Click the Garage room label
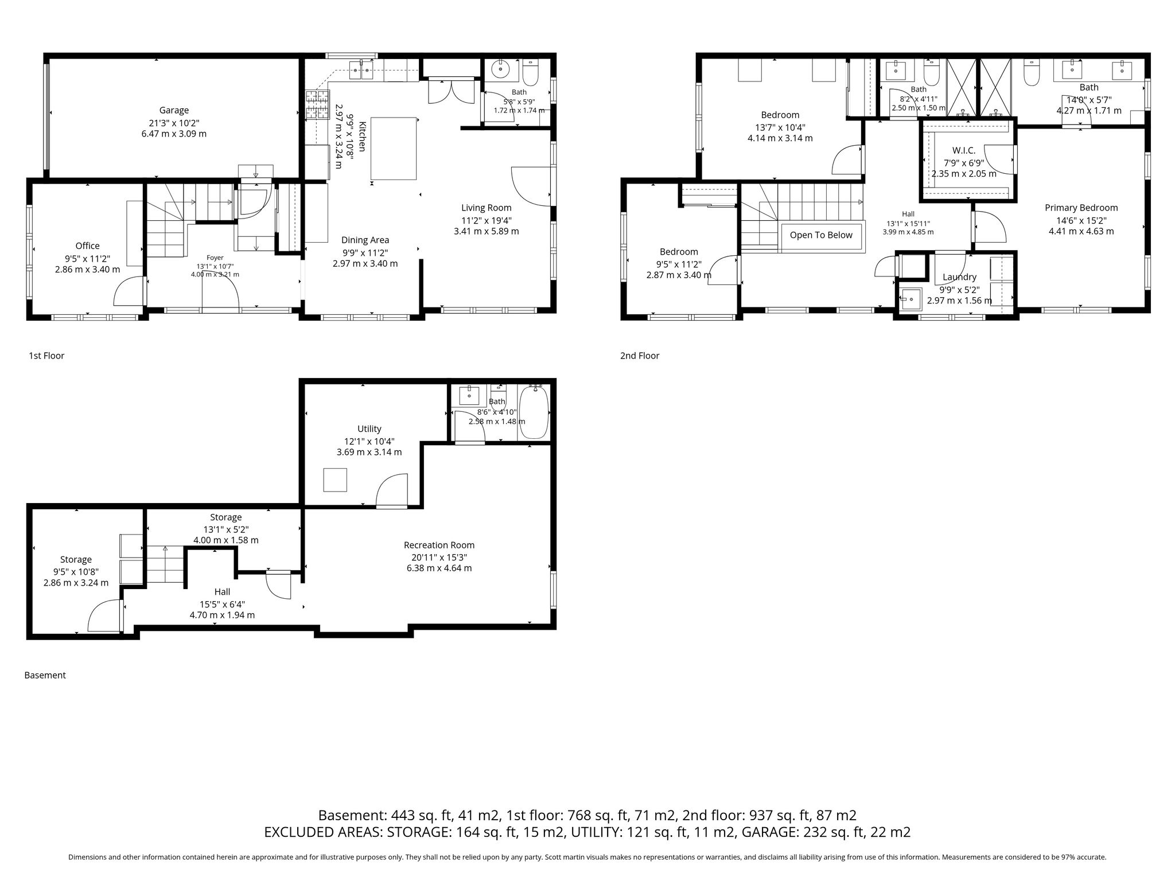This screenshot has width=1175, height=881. pyautogui.click(x=174, y=110)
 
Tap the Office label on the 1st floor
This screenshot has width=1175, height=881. pyautogui.click(x=87, y=245)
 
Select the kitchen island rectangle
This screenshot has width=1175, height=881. pyautogui.click(x=394, y=149)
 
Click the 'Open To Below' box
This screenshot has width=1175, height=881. pyautogui.click(x=821, y=235)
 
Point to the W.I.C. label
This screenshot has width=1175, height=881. pyautogui.click(x=964, y=150)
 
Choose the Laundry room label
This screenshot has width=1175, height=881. pyautogui.click(x=959, y=277)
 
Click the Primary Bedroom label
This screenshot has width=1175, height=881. pyautogui.click(x=1081, y=208)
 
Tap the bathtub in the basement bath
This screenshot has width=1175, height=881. pyautogui.click(x=534, y=412)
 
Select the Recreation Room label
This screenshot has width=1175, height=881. pyautogui.click(x=439, y=545)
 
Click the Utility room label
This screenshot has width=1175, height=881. pyautogui.click(x=369, y=428)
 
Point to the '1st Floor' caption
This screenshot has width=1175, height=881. pyautogui.click(x=46, y=356)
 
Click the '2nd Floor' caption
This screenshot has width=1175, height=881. pyautogui.click(x=640, y=356)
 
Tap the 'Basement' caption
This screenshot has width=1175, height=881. pyautogui.click(x=45, y=675)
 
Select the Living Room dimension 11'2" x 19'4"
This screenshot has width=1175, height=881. pyautogui.click(x=487, y=220)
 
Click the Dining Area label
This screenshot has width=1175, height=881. pyautogui.click(x=365, y=240)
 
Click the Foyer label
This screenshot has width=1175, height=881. pyautogui.click(x=215, y=258)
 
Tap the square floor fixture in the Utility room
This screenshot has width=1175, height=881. pyautogui.click(x=335, y=480)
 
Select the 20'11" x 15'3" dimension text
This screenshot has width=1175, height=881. pyautogui.click(x=439, y=557)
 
